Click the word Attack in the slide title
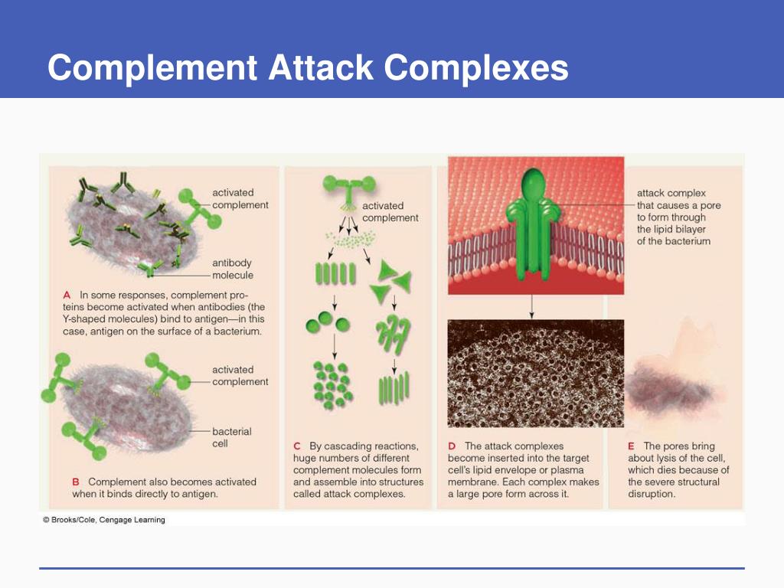click(321, 67)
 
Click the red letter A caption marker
click(67, 295)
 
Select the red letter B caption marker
click(76, 482)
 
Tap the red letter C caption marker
click(297, 446)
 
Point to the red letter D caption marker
click(452, 446)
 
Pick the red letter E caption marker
click(631, 446)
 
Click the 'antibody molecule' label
click(233, 269)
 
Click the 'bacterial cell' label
click(231, 437)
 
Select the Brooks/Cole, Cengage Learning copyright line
click(104, 520)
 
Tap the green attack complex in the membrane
click(534, 224)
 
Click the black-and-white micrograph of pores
click(535, 374)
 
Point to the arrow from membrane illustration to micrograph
click(531, 306)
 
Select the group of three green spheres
click(328, 322)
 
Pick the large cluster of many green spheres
click(332, 385)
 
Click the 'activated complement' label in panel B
click(240, 375)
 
